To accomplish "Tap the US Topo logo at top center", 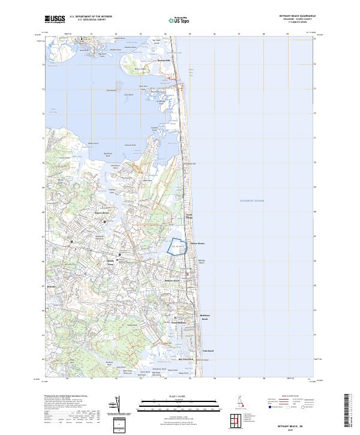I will (x=174, y=20).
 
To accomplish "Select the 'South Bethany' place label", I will (x=179, y=323).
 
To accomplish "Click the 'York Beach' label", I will (x=208, y=351).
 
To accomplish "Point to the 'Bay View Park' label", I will (x=187, y=359).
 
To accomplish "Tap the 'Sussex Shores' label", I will (x=197, y=243).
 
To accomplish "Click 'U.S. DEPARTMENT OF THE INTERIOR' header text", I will (x=91, y=16).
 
